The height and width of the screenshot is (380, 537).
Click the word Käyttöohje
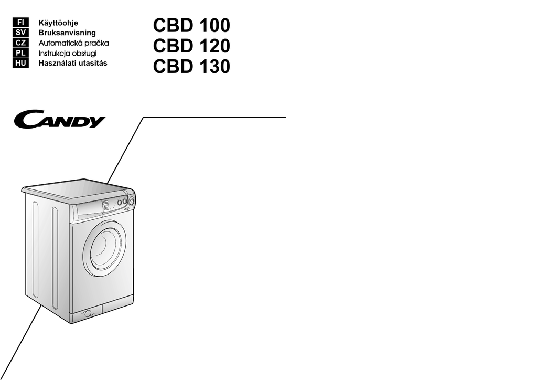(58, 23)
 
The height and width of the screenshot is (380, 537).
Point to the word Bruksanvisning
(67, 33)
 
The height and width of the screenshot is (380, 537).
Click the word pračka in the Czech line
(95, 43)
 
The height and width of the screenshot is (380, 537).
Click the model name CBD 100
(191, 26)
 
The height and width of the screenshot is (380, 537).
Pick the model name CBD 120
(191, 47)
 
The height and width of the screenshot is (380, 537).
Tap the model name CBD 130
(191, 68)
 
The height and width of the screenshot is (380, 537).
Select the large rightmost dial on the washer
(132, 200)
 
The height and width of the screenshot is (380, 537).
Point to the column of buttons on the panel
(106, 205)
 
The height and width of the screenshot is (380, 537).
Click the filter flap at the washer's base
(88, 313)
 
